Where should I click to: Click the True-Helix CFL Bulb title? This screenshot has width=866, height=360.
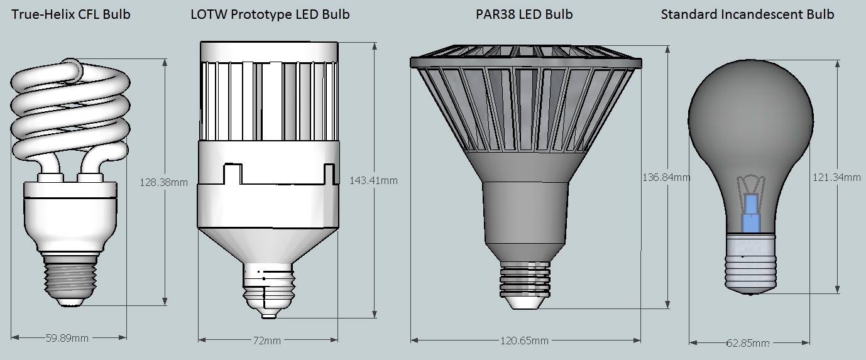[x=71, y=14]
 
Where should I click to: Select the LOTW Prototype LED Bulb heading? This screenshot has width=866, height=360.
[x=270, y=14]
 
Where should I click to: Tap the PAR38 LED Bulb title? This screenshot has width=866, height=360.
[x=524, y=14]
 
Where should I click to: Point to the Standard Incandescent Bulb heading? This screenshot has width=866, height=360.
[x=747, y=14]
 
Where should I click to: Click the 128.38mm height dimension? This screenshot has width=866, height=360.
[x=163, y=182]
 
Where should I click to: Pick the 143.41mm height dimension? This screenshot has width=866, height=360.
[x=373, y=180]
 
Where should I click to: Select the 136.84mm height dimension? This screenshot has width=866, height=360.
[x=666, y=177]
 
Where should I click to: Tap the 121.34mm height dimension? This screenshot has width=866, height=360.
[x=836, y=177]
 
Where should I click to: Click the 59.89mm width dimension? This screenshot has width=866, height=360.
[x=67, y=339]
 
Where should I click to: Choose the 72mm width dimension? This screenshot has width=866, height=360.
[x=266, y=341]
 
